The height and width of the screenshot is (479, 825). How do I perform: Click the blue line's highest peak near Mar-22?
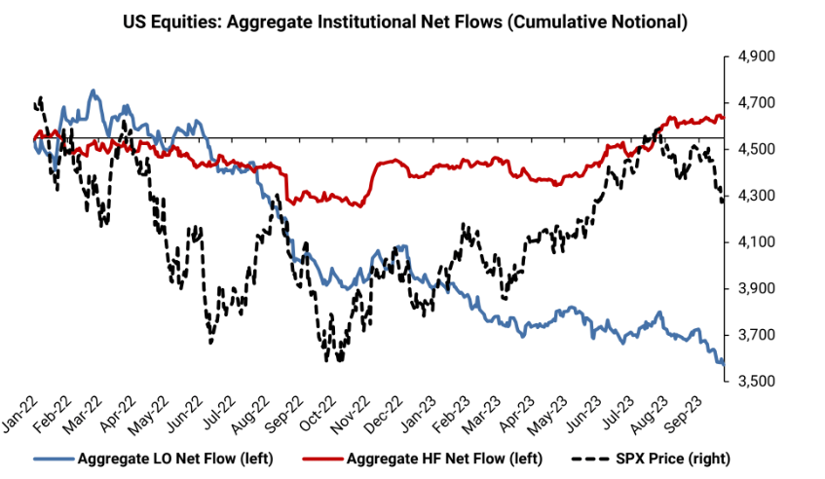(93, 91)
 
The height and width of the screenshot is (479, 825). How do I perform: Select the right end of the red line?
(723, 118)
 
